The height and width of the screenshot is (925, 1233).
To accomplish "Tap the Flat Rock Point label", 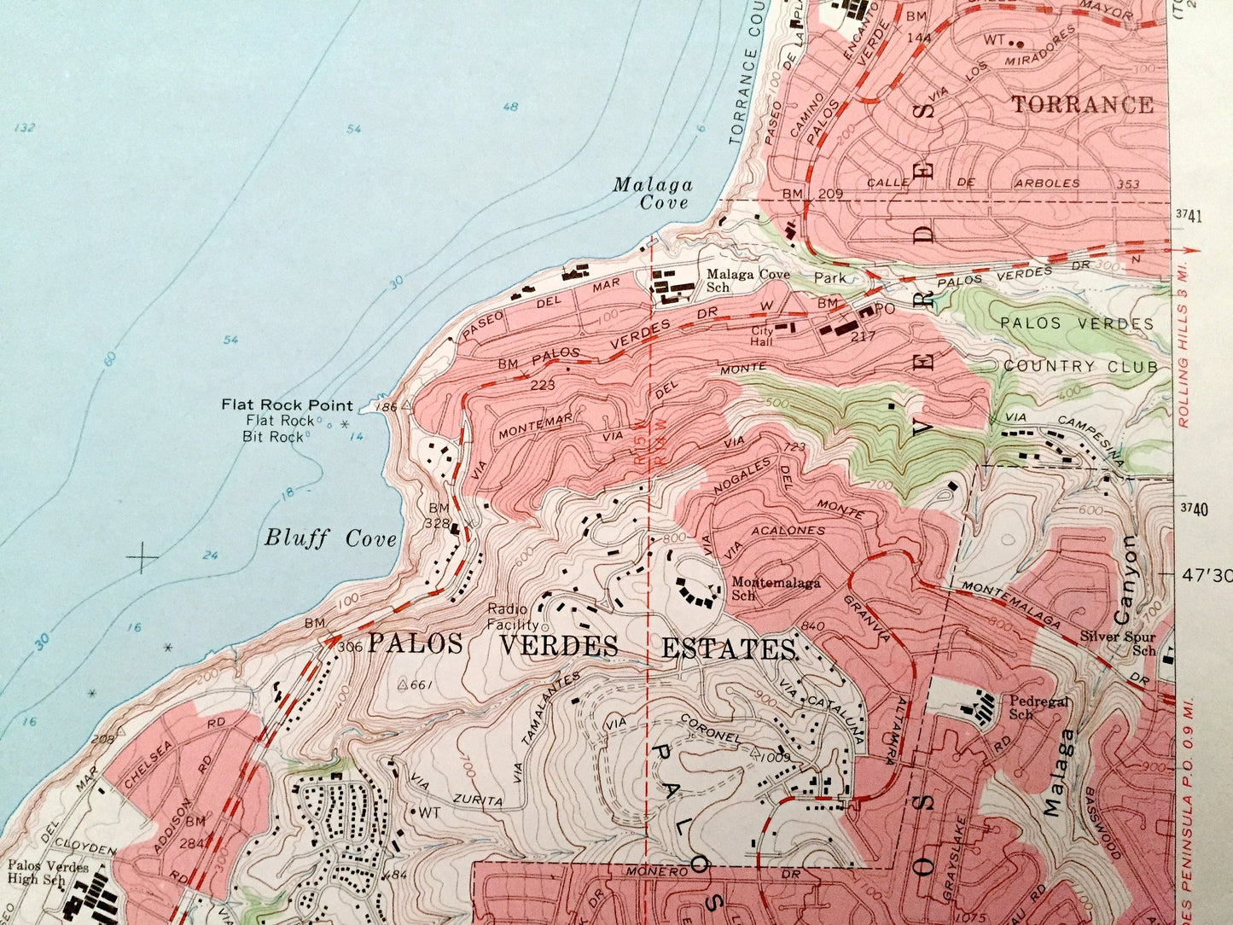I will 286,404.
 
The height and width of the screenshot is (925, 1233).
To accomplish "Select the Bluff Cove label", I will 330,538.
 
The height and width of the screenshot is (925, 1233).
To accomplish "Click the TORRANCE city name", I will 1083,105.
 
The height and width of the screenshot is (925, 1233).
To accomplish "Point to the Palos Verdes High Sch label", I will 49,872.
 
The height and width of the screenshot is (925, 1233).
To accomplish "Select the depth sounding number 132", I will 25,128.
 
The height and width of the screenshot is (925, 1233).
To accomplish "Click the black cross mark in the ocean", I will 142,558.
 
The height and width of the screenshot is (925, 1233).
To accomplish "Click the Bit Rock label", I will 274,436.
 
